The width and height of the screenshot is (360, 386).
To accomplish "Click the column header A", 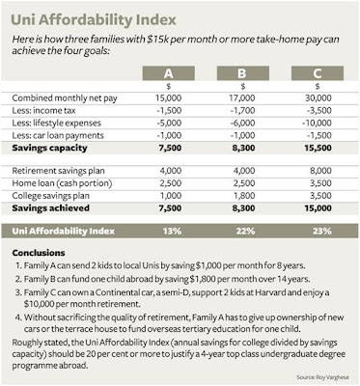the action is click(x=169, y=73).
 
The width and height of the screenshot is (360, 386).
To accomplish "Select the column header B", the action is click(x=243, y=73).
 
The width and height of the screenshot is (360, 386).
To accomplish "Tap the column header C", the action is click(x=318, y=73).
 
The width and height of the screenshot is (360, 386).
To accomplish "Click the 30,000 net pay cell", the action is click(x=318, y=98).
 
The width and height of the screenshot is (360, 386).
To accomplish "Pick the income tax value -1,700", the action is click(x=243, y=111).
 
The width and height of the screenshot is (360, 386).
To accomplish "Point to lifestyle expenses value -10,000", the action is click(x=317, y=123).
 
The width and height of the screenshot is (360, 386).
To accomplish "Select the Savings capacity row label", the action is click(x=49, y=149).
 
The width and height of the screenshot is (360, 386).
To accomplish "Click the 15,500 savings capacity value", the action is click(x=318, y=148).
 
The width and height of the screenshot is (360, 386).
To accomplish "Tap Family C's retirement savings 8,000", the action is click(x=320, y=171).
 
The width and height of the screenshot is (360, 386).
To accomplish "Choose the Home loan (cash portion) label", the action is click(x=62, y=183).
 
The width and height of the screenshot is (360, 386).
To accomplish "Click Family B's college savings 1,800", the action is click(x=244, y=196).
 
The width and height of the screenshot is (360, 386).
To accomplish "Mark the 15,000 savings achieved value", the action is click(x=318, y=208).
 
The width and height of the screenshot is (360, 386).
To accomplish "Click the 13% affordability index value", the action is click(x=172, y=232).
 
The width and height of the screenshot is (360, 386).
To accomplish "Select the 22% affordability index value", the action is click(x=246, y=232).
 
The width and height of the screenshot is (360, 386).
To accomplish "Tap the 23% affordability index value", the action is click(x=322, y=232).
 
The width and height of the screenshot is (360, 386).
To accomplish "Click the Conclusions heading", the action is click(x=39, y=253).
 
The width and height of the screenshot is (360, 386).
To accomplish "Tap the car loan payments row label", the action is click(x=58, y=136).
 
